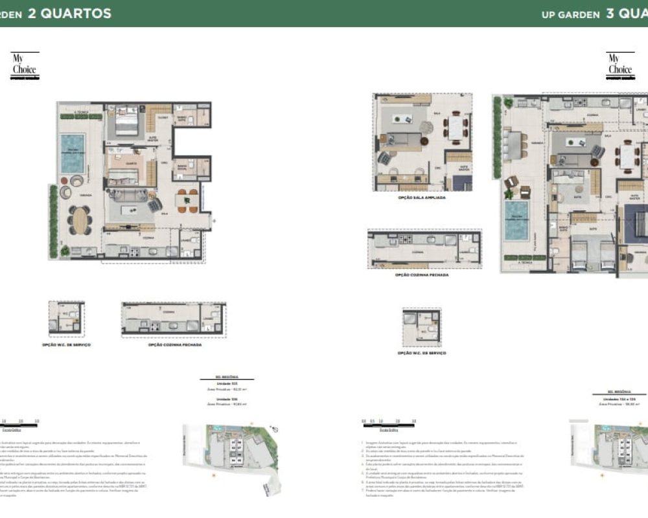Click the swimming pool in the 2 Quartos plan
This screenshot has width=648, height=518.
(72, 153)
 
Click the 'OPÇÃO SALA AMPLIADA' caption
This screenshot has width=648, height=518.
(422, 197)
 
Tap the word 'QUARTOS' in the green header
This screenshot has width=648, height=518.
(69, 14)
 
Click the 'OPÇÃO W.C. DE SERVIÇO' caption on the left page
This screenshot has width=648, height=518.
(66, 345)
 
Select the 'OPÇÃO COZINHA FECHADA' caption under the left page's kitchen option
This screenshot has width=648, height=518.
(174, 345)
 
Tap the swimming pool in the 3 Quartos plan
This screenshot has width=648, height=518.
(516, 216)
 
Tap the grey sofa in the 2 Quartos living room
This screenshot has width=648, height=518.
(130, 195)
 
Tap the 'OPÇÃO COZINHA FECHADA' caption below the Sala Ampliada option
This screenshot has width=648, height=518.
(422, 275)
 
